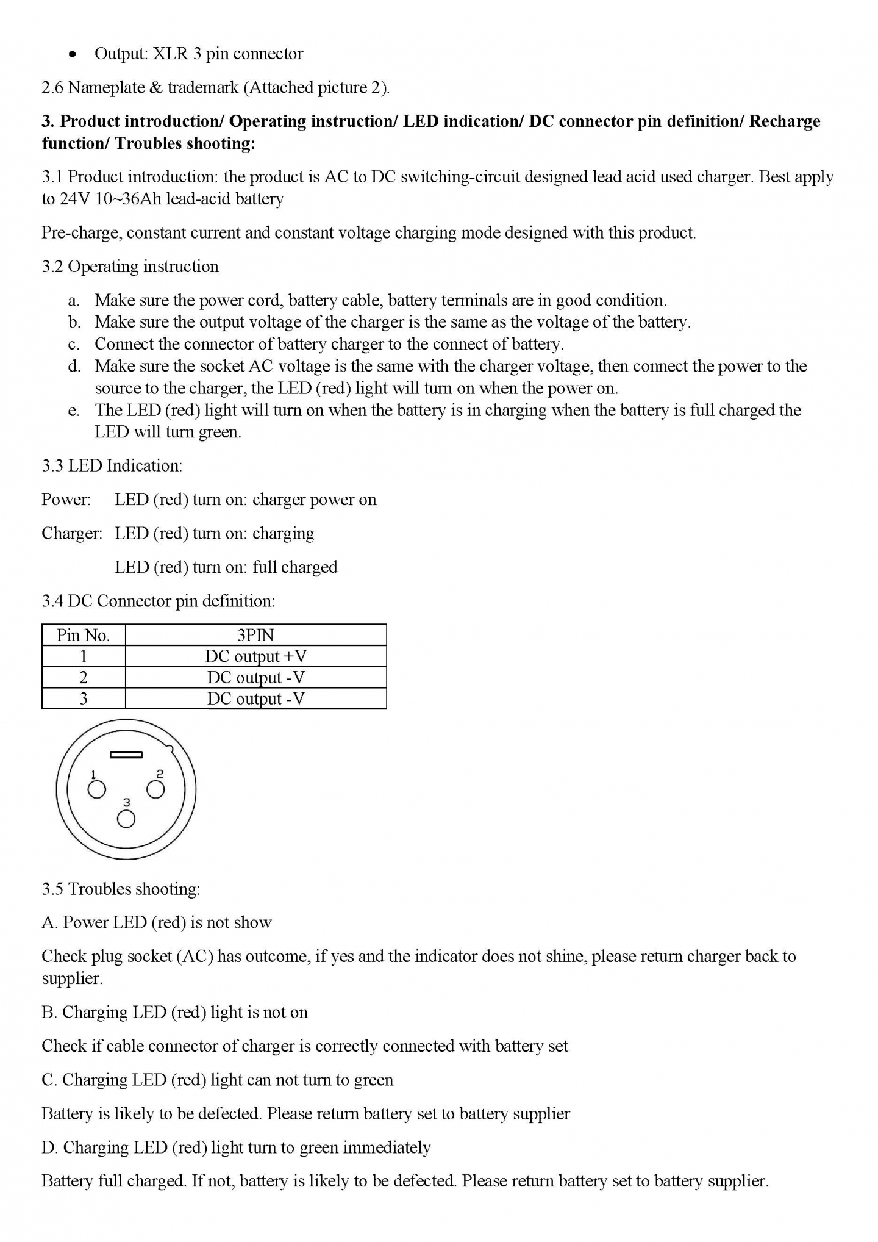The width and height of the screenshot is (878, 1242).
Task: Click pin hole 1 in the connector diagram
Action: coord(97,790)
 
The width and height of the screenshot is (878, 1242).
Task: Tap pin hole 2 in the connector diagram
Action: coord(155,789)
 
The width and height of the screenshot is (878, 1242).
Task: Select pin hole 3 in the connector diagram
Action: coord(126,819)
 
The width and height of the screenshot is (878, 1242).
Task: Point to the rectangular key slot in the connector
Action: coord(126,755)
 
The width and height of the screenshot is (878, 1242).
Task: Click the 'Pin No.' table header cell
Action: coord(83,635)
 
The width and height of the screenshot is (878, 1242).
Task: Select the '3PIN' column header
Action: coord(255,635)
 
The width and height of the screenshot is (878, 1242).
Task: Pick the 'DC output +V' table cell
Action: coord(255,656)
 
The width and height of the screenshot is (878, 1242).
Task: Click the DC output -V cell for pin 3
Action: coord(255,698)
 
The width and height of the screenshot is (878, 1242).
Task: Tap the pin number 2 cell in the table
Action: coord(83,677)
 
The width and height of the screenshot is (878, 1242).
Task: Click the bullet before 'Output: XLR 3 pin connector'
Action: coord(73,54)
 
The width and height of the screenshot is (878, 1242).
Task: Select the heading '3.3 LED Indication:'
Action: coord(112,466)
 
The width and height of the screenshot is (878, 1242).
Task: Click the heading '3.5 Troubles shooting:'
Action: coord(121,889)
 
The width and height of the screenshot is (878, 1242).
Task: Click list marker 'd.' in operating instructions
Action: coord(74,366)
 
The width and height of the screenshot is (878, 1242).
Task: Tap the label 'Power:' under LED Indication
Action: coord(66,500)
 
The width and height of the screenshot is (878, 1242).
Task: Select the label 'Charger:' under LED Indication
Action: coord(72,533)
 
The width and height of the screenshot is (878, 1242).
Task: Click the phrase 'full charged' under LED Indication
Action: coord(294,567)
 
